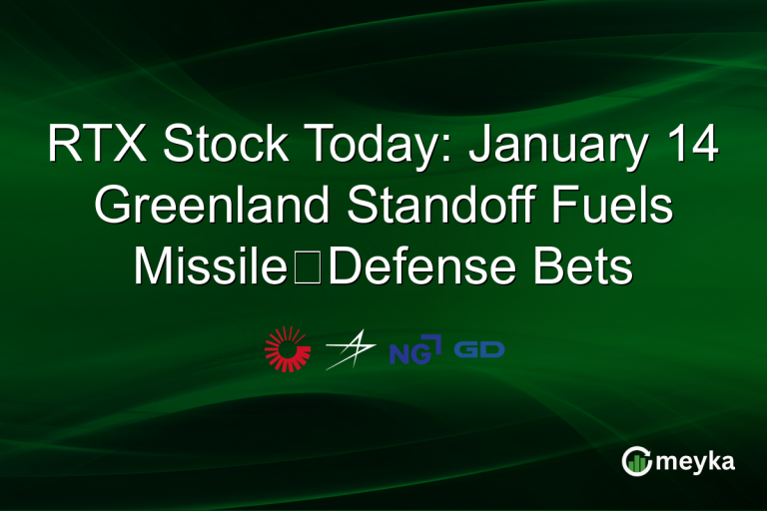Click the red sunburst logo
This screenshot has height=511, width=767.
pyautogui.click(x=288, y=349)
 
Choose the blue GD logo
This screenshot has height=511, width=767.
pyautogui.click(x=479, y=350)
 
